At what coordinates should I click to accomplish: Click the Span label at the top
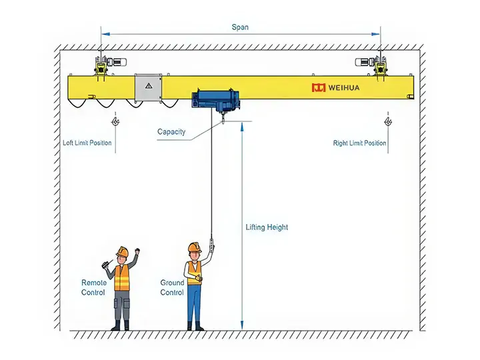click(x=240, y=27)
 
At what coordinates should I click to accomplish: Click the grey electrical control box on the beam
click(x=148, y=89)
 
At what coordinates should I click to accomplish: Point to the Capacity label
click(x=171, y=132)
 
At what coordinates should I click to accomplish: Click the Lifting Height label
click(x=267, y=227)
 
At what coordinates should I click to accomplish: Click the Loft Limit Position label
click(x=87, y=143)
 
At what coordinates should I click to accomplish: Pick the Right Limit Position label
click(x=359, y=143)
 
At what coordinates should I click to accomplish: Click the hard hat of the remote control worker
click(x=122, y=251)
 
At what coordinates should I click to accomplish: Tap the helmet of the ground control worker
click(x=194, y=247)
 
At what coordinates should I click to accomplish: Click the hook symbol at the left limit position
click(x=116, y=122)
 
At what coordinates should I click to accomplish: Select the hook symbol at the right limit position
click(x=387, y=122)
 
